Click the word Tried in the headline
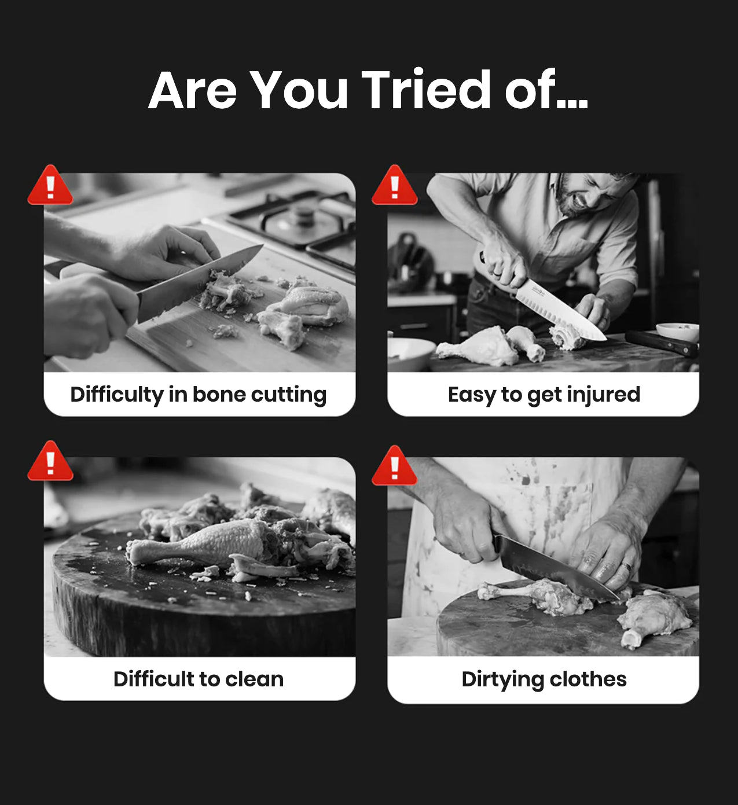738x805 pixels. coord(426,90)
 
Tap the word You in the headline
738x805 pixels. coord(300,90)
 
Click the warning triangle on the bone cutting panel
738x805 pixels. coord(50,185)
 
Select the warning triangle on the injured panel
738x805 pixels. coord(394,185)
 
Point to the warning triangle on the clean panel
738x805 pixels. coord(50,461)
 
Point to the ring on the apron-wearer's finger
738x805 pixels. coord(626,567)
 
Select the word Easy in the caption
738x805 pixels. coord(472,395)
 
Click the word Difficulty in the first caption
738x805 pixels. coord(117,395)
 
